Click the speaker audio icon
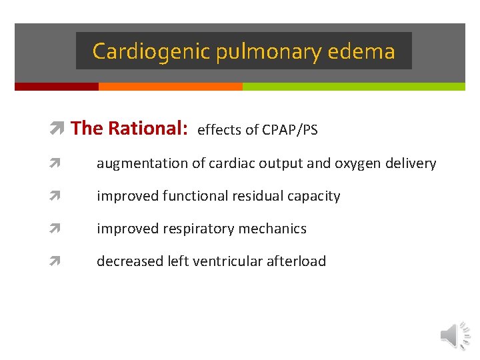pyautogui.click(x=455, y=335)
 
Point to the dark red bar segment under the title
pyautogui.click(x=56, y=87)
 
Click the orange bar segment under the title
pyautogui.click(x=170, y=87)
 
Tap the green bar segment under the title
pyautogui.click(x=353, y=87)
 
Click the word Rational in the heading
pyautogui.click(x=147, y=128)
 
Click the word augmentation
pyautogui.click(x=137, y=164)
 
